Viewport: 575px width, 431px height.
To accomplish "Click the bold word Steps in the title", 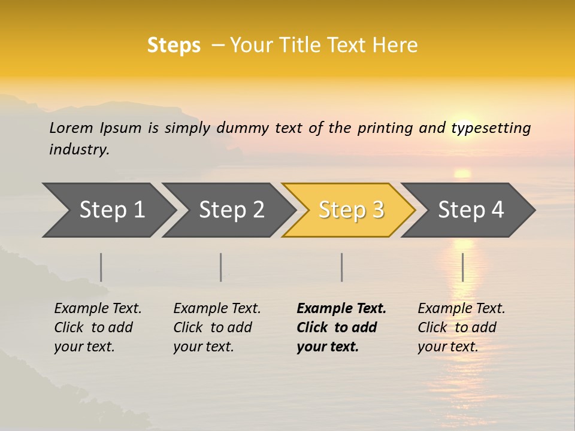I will (174, 45).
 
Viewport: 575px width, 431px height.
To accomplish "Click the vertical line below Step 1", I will (101, 267).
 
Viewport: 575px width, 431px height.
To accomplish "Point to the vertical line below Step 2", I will (221, 267).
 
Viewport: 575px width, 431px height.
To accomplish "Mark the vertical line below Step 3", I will (341, 267).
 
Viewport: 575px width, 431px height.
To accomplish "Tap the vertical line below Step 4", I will (462, 267).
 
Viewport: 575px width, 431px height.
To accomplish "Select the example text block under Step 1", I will (98, 327).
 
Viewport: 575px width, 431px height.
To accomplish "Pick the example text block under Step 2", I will (217, 327).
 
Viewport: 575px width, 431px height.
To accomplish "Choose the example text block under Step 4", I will (461, 327).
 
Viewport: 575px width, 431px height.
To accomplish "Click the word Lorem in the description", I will (71, 128).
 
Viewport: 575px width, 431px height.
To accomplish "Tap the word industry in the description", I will (79, 149).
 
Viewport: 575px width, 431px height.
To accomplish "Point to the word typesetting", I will (491, 128).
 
